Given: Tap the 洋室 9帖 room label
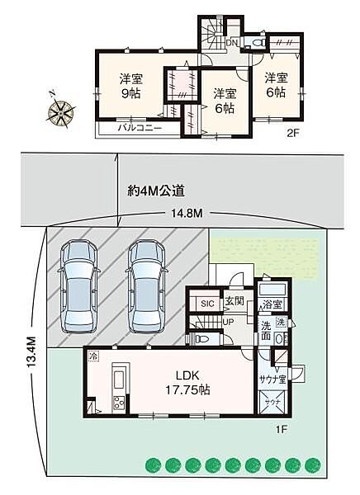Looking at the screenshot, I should pos(130,86).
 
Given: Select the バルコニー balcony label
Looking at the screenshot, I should pos(138,128).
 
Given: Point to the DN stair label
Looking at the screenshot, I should pos(233,41).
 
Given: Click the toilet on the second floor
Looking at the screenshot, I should pos(257,41).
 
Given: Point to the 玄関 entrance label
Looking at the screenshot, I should pos(235,303).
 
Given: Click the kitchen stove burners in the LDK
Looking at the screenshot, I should pos(117,403).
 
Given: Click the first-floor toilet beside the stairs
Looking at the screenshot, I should pos(202,337).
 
